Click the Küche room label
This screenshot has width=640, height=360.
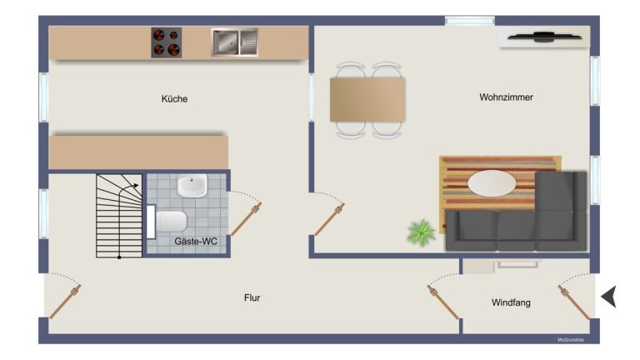pyautogui.click(x=174, y=99)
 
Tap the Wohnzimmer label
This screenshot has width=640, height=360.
pyautogui.click(x=506, y=97)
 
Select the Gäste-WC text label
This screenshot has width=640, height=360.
pyautogui.click(x=196, y=241)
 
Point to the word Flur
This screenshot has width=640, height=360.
pyautogui.click(x=252, y=297)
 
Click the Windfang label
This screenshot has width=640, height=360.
pyautogui.click(x=511, y=302)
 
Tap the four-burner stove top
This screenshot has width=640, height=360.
pyautogui.click(x=167, y=42)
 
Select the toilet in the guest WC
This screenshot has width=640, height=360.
pyautogui.click(x=167, y=222)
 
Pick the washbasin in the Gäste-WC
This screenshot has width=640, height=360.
pyautogui.click(x=192, y=186)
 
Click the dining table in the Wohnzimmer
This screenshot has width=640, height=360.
pyautogui.click(x=367, y=100)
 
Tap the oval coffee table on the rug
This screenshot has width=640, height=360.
pyautogui.click(x=492, y=183)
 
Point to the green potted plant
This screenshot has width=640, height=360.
pyautogui.click(x=421, y=232)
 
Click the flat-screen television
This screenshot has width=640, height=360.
pyautogui.click(x=544, y=37)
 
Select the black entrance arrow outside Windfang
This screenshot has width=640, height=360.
pyautogui.click(x=609, y=297)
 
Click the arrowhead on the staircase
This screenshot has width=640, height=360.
pyautogui.click(x=136, y=186)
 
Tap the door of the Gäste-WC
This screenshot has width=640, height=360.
pyautogui.click(x=247, y=219)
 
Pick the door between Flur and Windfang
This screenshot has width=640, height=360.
pyautogui.click(x=443, y=302)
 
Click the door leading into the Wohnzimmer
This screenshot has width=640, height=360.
pyautogui.click(x=329, y=220)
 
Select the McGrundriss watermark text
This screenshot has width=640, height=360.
pyautogui.click(x=571, y=340)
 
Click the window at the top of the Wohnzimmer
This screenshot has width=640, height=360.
pyautogui.click(x=470, y=20)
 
